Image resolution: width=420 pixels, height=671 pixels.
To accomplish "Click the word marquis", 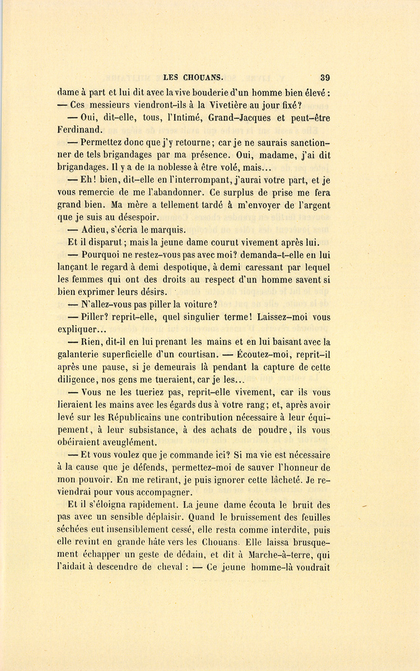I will click(168, 229).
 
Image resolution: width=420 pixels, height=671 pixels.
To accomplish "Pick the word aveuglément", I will click(129, 443).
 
